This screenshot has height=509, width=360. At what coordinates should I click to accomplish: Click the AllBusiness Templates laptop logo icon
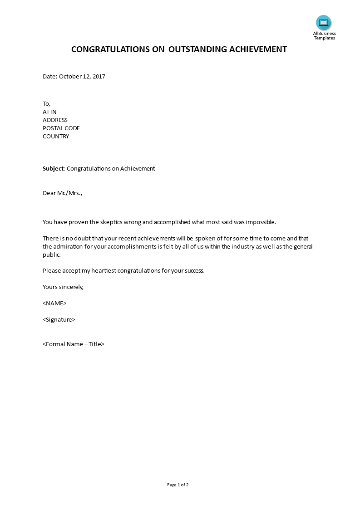324,23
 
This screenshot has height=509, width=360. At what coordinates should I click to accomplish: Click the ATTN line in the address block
49,112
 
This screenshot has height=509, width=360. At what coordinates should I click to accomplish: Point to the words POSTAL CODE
61,128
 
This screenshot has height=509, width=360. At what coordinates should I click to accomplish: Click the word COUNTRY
56,137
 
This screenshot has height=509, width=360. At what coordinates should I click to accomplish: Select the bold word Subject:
54,169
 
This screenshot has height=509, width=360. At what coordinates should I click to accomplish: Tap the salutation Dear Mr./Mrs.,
63,193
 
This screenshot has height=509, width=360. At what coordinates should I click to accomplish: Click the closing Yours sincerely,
63,287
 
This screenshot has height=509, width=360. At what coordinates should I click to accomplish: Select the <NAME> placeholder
54,303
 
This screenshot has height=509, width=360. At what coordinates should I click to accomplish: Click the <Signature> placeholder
59,320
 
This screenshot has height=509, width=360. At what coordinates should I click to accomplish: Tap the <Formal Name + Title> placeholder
74,344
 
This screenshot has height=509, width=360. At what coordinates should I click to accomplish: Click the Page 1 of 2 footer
178,485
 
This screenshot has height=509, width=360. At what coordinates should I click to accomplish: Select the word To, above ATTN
47,104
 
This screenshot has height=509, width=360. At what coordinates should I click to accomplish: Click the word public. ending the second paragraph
52,255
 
